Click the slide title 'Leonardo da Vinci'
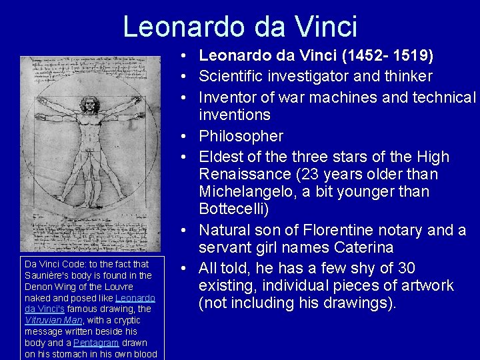[240, 27]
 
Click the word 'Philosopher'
[241, 137]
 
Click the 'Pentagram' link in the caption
[95, 343]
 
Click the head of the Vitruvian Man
[89, 105]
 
